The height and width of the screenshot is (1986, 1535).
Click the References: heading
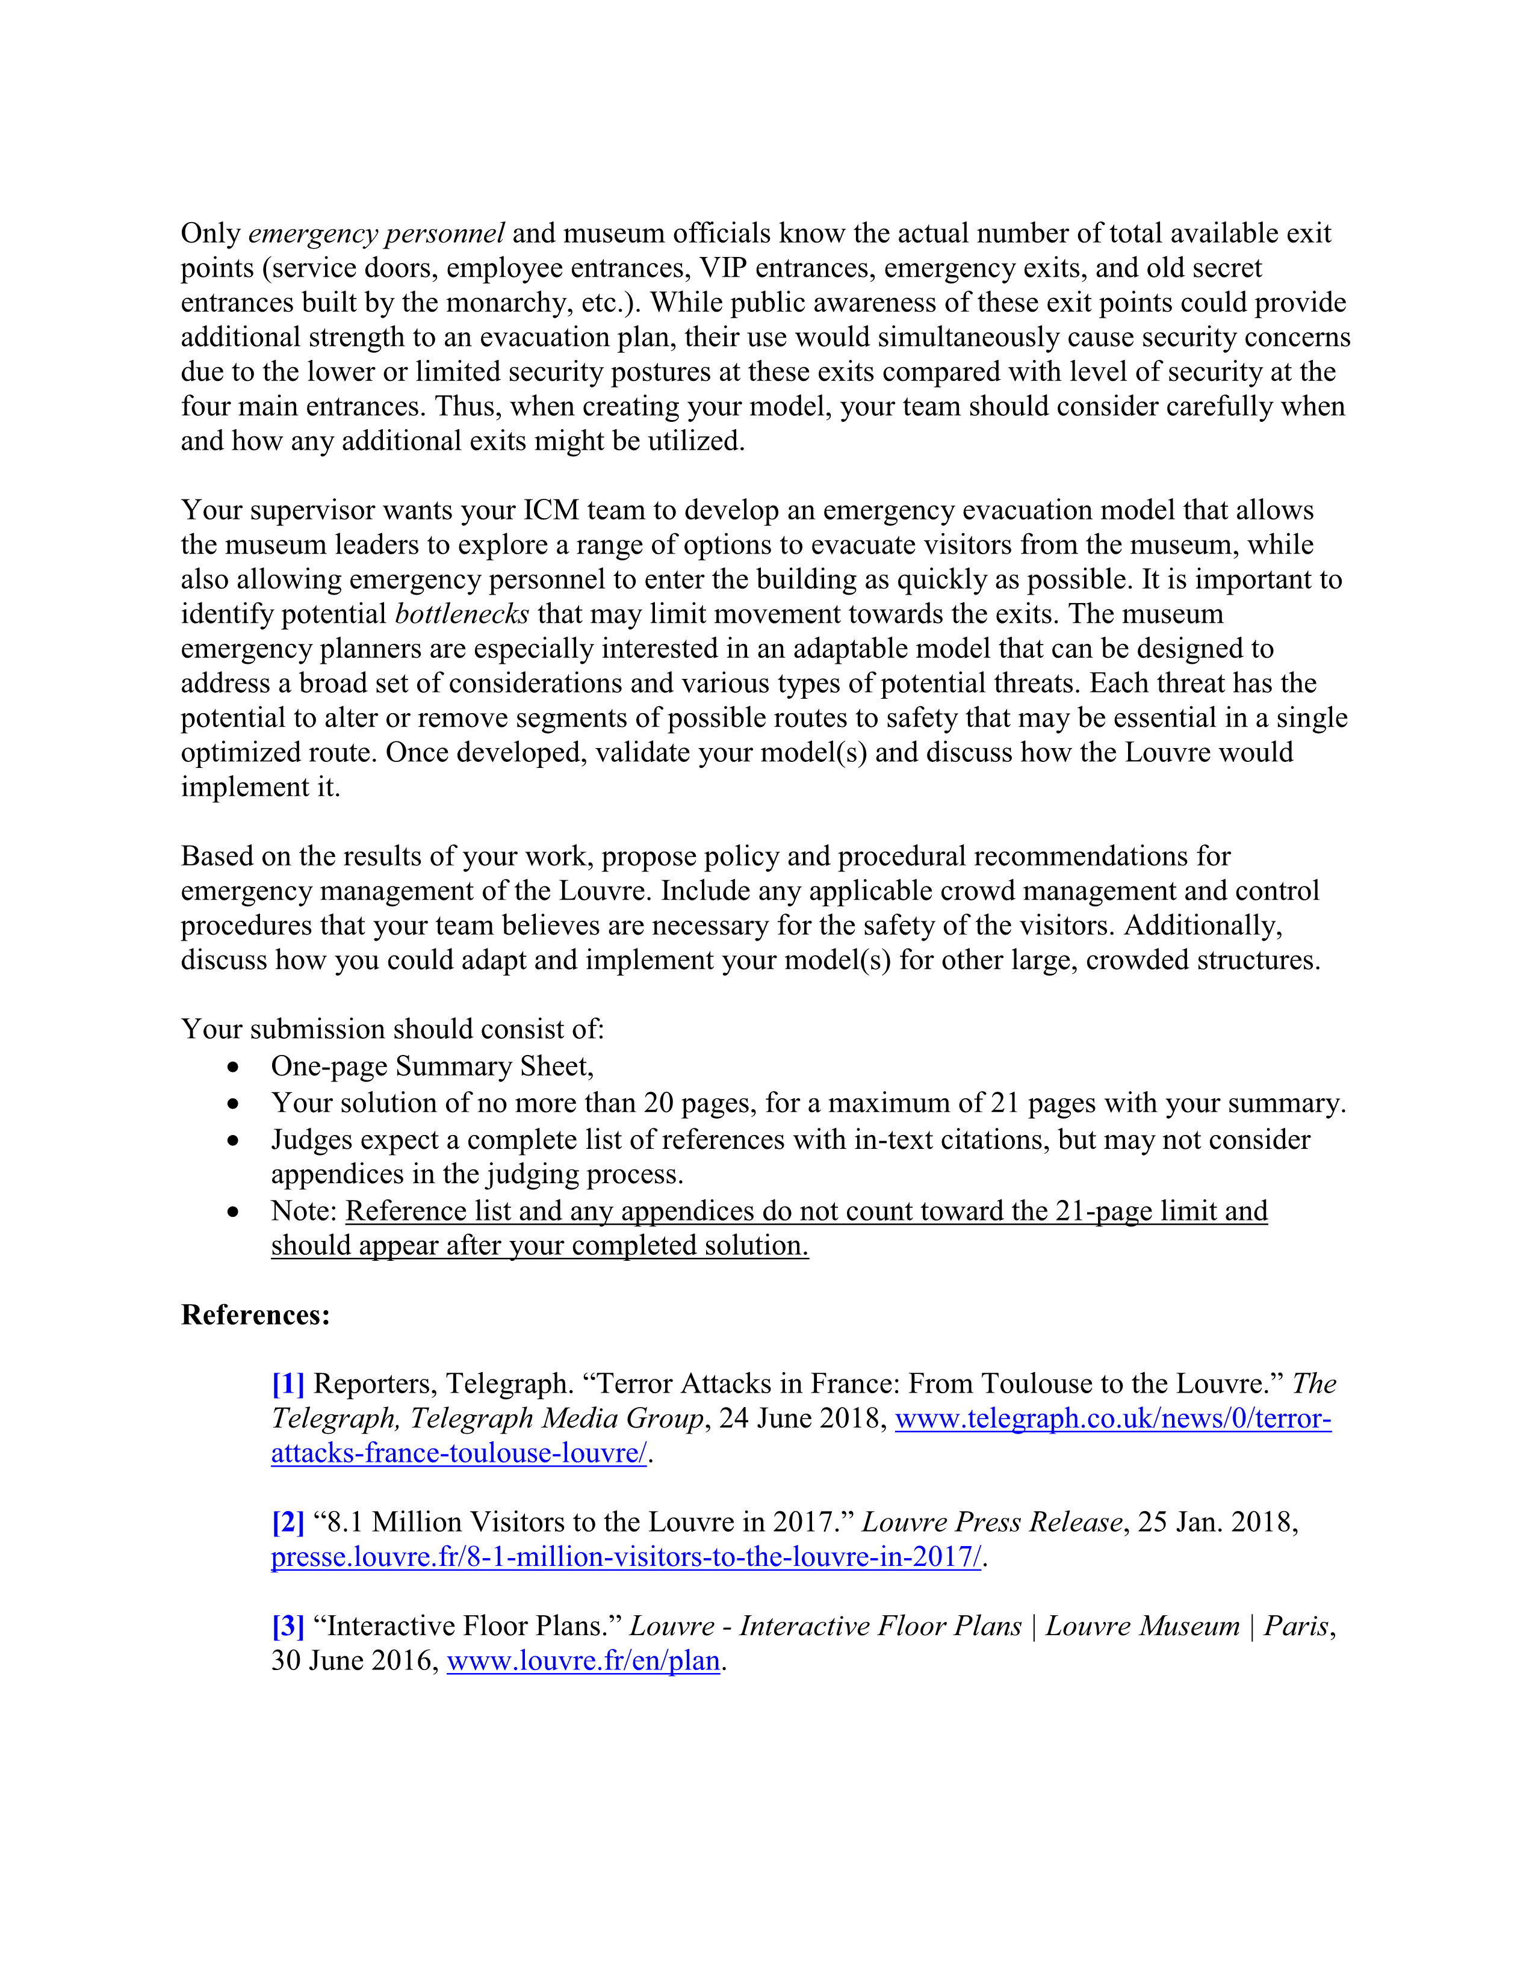pyautogui.click(x=255, y=1315)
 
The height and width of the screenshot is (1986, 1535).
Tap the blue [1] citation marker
pyautogui.click(x=287, y=1384)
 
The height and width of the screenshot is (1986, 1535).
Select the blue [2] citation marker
pyautogui.click(x=287, y=1522)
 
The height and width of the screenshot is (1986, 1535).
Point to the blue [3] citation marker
pyautogui.click(x=287, y=1626)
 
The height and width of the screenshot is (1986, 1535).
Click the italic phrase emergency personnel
pyautogui.click(x=376, y=234)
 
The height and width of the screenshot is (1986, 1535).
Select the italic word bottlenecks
pyautogui.click(x=462, y=614)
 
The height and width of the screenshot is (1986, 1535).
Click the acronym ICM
pyautogui.click(x=551, y=510)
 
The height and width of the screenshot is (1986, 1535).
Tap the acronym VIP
pyautogui.click(x=723, y=268)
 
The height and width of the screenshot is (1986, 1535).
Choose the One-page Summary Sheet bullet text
pyautogui.click(x=432, y=1066)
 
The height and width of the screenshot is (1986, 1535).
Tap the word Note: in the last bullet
pyautogui.click(x=304, y=1211)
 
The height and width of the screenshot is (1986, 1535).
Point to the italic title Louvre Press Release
pyautogui.click(x=992, y=1522)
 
